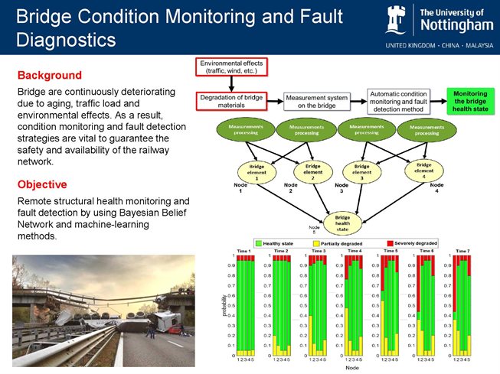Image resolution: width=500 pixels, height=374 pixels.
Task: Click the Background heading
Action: (49, 76)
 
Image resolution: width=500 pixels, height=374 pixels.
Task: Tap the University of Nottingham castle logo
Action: (397, 20)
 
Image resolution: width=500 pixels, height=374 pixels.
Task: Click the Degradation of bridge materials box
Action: (230, 102)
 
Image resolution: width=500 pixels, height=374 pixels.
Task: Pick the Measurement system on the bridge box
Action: (316, 102)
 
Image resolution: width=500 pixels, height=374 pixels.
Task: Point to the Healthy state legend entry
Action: (277, 243)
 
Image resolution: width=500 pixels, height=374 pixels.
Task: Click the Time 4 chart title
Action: (355, 251)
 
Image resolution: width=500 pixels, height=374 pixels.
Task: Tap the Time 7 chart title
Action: (462, 251)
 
